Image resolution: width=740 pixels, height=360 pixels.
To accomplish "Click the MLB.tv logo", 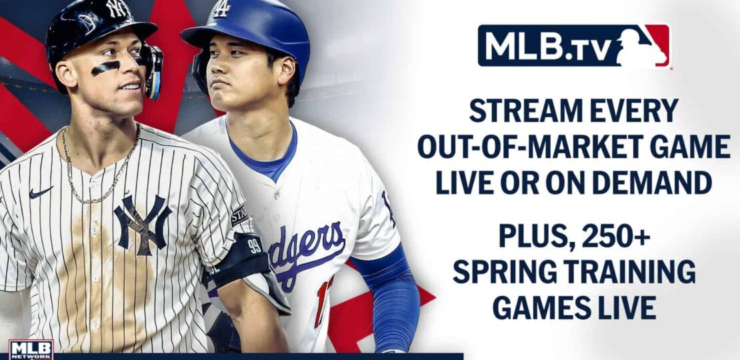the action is coord(574,46).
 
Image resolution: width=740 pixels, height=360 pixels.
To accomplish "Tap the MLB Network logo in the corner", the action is coord(31,349).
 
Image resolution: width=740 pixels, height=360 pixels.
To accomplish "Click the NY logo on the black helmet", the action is coord(119,8).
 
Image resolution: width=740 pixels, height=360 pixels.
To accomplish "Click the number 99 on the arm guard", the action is coord(255,246).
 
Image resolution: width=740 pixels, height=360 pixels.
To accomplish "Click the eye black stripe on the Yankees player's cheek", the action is coord(105,68).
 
